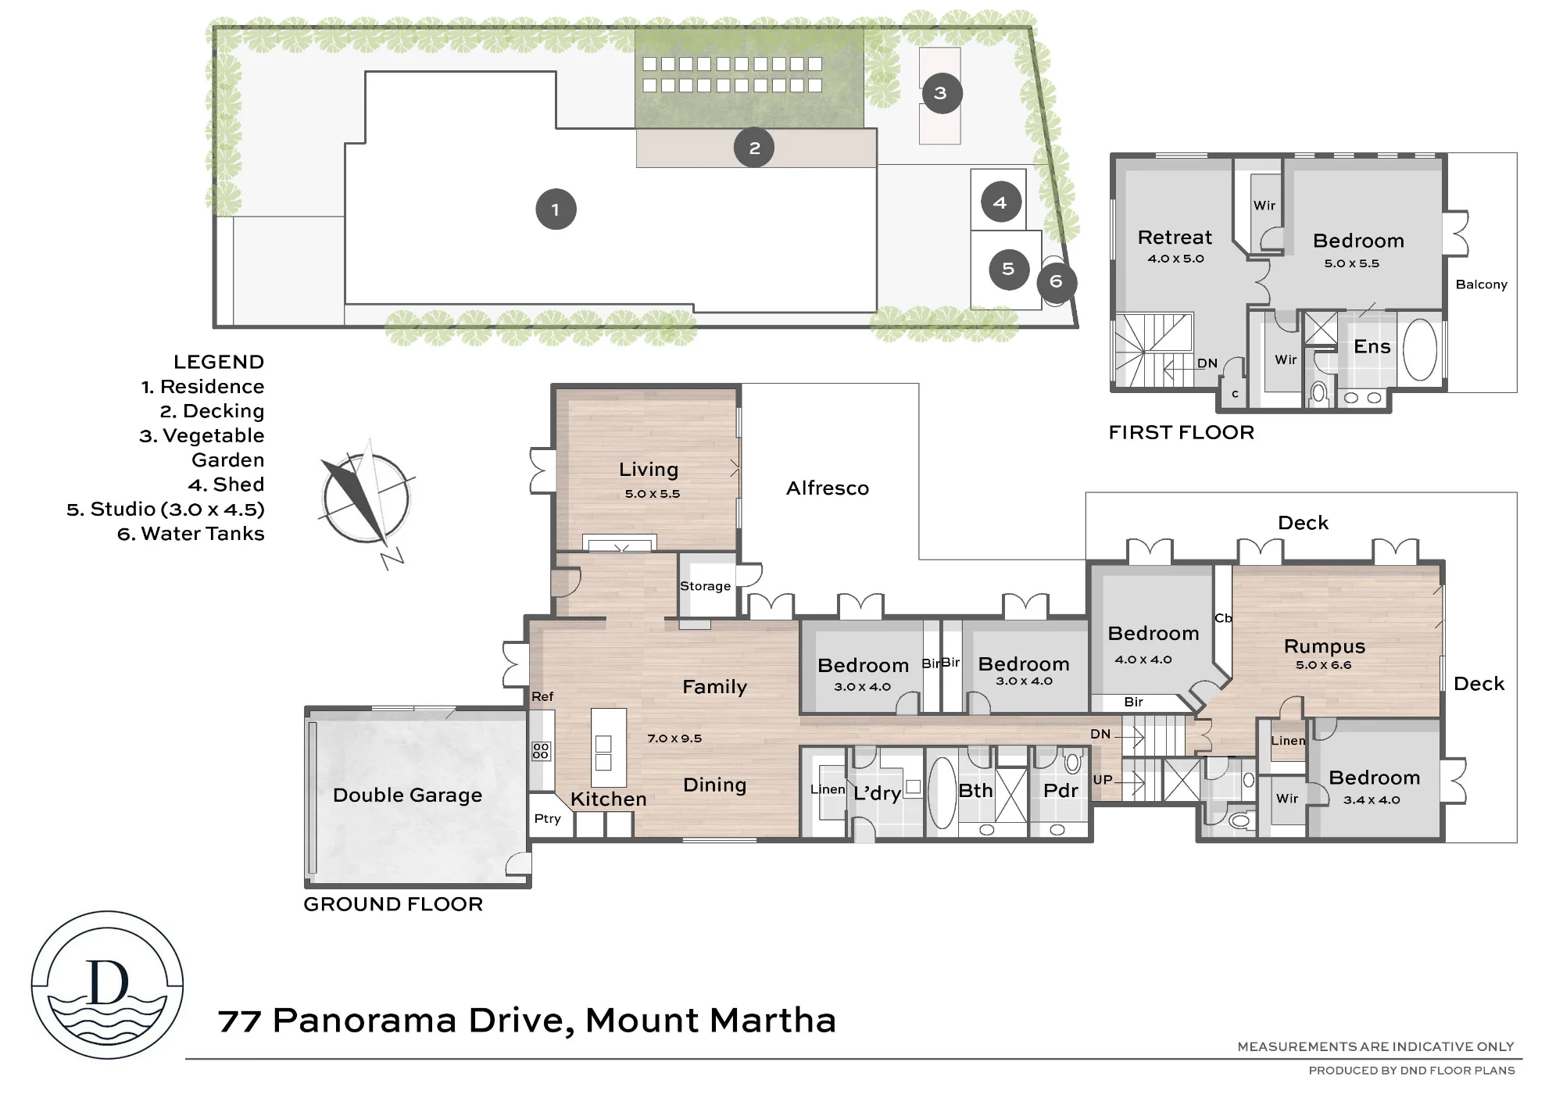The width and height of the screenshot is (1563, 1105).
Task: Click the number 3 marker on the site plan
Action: point(941,93)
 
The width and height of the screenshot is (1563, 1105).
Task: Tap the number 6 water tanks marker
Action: point(1057,281)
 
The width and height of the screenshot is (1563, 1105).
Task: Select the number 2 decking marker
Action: point(754,148)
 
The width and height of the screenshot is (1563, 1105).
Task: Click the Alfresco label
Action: point(828,488)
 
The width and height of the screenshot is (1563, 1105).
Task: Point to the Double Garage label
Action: point(407,796)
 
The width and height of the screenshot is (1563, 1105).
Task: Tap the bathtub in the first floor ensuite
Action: point(1420,349)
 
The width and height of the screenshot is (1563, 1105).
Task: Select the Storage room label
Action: point(705,586)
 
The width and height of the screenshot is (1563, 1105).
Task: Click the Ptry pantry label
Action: point(547,819)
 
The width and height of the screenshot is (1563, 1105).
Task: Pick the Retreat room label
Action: point(1175,238)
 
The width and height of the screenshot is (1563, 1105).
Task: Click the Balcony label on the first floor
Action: point(1481,284)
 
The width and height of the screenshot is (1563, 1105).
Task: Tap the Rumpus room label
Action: point(1325,646)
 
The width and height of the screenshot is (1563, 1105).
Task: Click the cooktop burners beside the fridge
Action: point(541,751)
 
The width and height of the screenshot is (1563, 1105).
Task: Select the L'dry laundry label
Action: point(877,793)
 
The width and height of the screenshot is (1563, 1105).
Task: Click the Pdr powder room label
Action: point(1060,791)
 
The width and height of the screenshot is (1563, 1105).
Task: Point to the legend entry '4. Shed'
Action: point(226,485)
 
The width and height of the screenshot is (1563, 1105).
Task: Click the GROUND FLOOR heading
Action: point(393,904)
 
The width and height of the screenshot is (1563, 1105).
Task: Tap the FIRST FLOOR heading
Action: point(1181,433)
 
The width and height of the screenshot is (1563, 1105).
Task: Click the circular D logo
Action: point(108,985)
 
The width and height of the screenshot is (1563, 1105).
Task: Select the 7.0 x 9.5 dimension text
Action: point(674,738)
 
